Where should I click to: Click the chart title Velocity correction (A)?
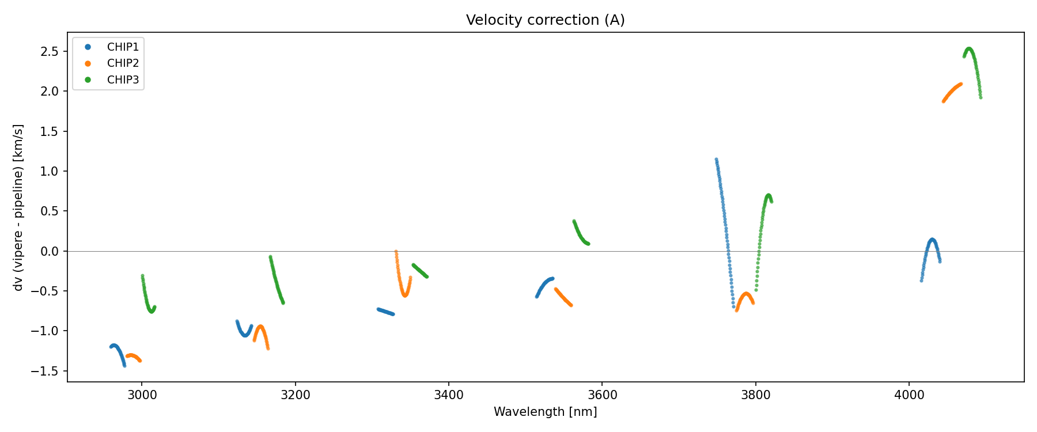(545, 20)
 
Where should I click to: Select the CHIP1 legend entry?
(123, 47)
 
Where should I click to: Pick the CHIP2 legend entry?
(123, 63)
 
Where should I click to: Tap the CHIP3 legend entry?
(123, 80)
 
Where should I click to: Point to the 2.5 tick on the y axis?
(50, 52)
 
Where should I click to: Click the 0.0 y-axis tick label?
(50, 251)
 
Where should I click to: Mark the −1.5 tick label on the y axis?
(47, 371)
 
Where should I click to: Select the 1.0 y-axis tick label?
(50, 172)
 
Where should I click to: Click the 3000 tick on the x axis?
(142, 395)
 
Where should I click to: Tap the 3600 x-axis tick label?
(602, 395)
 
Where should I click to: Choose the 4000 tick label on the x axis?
(909, 395)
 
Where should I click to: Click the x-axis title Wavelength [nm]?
(545, 412)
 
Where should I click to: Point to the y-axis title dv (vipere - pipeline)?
(18, 207)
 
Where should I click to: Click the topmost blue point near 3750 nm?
(716, 160)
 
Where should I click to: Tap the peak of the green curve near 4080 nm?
(969, 49)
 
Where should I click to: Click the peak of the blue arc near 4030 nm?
(932, 240)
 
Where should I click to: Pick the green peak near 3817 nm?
(769, 195)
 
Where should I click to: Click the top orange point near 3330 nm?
(396, 252)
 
